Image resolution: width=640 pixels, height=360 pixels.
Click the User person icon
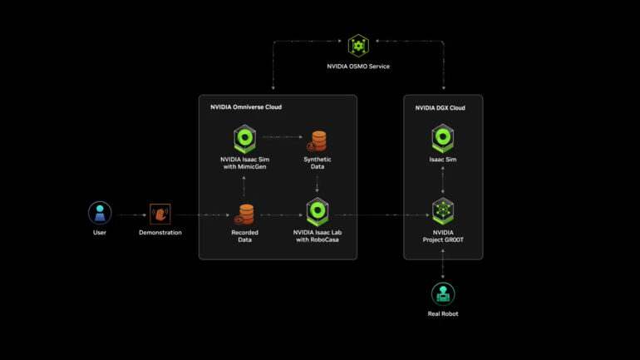point(100,213)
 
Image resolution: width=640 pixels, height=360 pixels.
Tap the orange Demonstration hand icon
point(160,213)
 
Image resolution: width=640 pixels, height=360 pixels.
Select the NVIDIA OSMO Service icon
point(358,45)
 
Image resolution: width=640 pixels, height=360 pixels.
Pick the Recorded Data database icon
point(244,213)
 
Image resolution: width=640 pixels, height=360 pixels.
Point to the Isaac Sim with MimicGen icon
point(244,138)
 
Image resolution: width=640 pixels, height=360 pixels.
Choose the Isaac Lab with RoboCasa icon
point(318,212)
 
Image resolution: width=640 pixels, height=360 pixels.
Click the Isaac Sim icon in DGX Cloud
point(443,138)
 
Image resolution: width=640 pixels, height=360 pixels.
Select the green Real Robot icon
point(443,293)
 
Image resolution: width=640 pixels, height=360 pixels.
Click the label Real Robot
point(443,314)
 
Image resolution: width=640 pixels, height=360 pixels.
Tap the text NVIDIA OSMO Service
point(358,65)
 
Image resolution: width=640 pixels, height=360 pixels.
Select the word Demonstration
point(160,233)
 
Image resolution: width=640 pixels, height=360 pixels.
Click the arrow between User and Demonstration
point(130,214)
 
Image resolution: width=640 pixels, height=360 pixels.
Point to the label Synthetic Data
point(318,162)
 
